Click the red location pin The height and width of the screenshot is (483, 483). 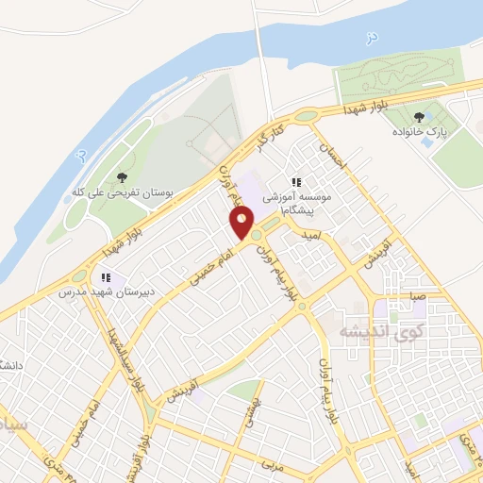tap(242, 224)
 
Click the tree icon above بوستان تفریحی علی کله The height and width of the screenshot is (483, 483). tap(122, 176)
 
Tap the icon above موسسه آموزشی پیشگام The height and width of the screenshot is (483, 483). tap(295, 182)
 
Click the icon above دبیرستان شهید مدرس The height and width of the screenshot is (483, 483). tap(106, 277)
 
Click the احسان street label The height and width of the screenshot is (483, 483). tap(337, 157)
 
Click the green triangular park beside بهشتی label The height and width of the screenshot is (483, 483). tap(245, 390)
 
